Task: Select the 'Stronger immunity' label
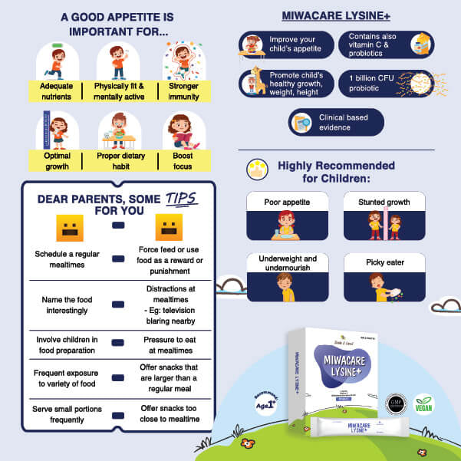183,91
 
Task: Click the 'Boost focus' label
183,162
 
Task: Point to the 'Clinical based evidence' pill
336,122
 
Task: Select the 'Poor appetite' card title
287,203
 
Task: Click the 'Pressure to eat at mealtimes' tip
171,344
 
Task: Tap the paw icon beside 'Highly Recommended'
257,170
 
